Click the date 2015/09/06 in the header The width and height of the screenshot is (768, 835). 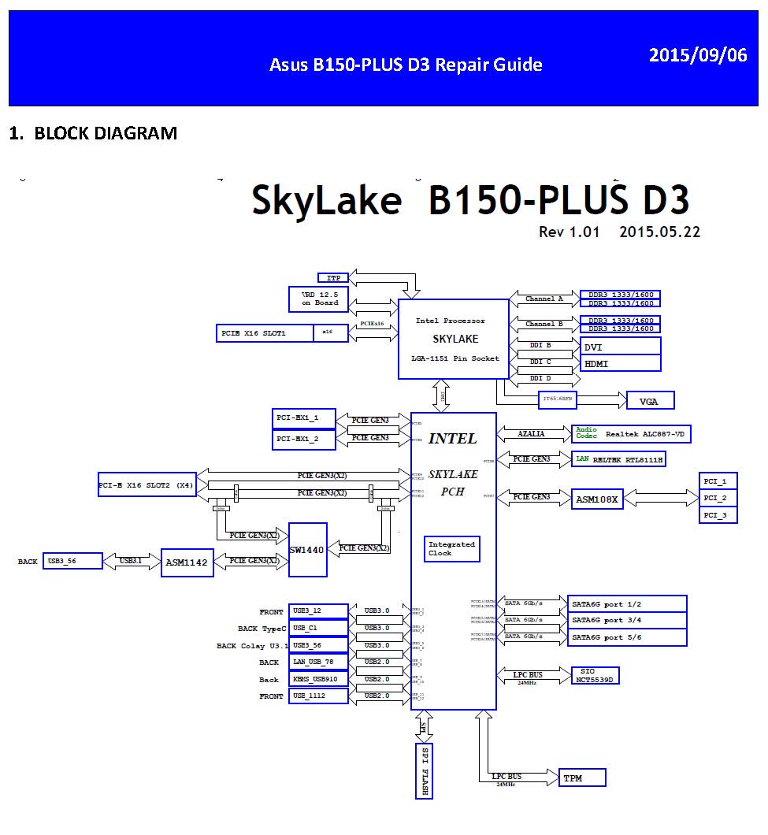pyautogui.click(x=698, y=56)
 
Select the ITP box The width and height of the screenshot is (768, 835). pyautogui.click(x=332, y=278)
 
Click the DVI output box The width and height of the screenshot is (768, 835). pyautogui.click(x=621, y=347)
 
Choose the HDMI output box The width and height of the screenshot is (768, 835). pyautogui.click(x=621, y=363)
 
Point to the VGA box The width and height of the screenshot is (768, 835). pyautogui.click(x=650, y=401)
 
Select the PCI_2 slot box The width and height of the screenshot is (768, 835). pyautogui.click(x=718, y=498)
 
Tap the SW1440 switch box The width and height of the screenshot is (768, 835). pyautogui.click(x=307, y=550)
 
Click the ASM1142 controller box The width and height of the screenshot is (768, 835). pyautogui.click(x=187, y=562)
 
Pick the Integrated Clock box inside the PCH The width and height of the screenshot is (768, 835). pyautogui.click(x=452, y=549)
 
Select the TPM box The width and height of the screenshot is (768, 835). pyautogui.click(x=582, y=778)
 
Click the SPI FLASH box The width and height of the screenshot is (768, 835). pyautogui.click(x=425, y=770)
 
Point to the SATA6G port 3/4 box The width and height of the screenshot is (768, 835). pyautogui.click(x=627, y=620)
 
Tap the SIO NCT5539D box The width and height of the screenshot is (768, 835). pyautogui.click(x=596, y=675)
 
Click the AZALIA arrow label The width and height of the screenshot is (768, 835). pyautogui.click(x=532, y=434)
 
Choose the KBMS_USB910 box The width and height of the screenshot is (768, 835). pyautogui.click(x=319, y=679)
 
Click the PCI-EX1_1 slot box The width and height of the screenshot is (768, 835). pyautogui.click(x=303, y=417)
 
